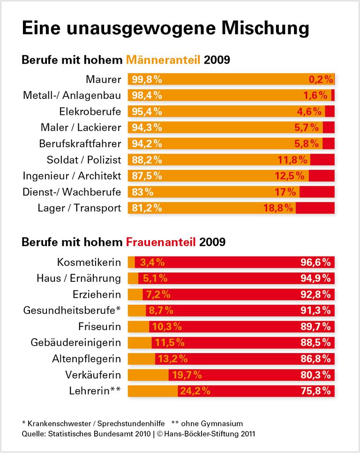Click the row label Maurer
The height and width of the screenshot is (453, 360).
tap(104, 79)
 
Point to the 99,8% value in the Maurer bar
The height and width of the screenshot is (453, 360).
tap(146, 79)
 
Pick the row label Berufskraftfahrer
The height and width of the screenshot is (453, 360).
tap(81, 143)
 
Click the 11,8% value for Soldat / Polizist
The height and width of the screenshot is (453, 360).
tap(292, 160)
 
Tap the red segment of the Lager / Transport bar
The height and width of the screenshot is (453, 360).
tap(315, 208)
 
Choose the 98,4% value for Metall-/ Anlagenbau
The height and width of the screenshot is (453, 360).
tap(146, 96)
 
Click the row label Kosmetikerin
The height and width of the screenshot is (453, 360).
tap(89, 262)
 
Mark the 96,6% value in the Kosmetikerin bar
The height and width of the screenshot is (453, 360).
tap(315, 262)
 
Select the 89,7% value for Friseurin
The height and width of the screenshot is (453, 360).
tap(315, 326)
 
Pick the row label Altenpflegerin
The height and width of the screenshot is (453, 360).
tap(86, 359)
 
